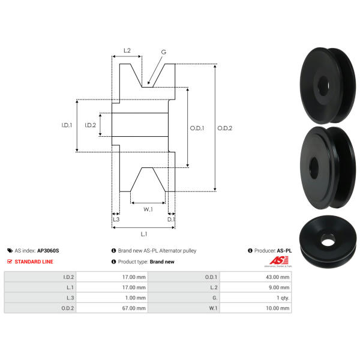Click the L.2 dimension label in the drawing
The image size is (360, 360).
pyautogui.click(x=127, y=50)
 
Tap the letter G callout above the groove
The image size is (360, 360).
pyautogui.click(x=163, y=52)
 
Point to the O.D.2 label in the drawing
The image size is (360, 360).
pyautogui.click(x=225, y=128)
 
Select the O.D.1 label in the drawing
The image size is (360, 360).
pyautogui.click(x=197, y=128)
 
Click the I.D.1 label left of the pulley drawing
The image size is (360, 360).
pyautogui.click(x=67, y=125)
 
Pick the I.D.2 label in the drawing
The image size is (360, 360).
pyautogui.click(x=90, y=125)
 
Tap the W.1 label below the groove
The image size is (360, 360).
pyautogui.click(x=148, y=209)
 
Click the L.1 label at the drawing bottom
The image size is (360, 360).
pyautogui.click(x=144, y=234)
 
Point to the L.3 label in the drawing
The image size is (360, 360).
pyautogui.click(x=116, y=219)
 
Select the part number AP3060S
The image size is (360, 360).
pyautogui.click(x=48, y=250)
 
